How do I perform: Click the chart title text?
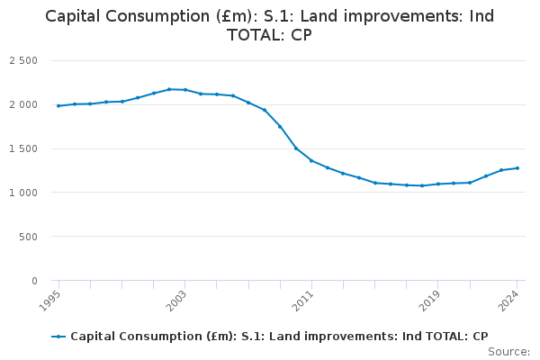pyautogui.click(x=270, y=25)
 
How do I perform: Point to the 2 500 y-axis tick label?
pyautogui.click(x=22, y=60)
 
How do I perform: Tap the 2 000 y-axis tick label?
pyautogui.click(x=22, y=104)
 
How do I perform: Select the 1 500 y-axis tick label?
pyautogui.click(x=22, y=148)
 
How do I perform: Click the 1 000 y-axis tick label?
pyautogui.click(x=22, y=193)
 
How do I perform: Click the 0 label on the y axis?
pyautogui.click(x=32, y=281)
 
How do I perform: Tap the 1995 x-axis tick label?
pyautogui.click(x=51, y=298)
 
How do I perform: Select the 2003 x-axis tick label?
pyautogui.click(x=177, y=298)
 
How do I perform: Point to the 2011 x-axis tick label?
pyautogui.click(x=304, y=298)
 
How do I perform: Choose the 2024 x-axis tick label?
pyautogui.click(x=510, y=298)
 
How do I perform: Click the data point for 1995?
pyautogui.click(x=58, y=106)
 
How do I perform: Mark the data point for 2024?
pyautogui.click(x=517, y=168)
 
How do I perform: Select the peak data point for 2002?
pyautogui.click(x=169, y=89)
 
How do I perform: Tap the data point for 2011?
pyautogui.click(x=311, y=160)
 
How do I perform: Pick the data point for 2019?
pyautogui.click(x=438, y=184)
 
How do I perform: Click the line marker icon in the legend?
pyautogui.click(x=58, y=337)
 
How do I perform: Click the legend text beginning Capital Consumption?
pyautogui.click(x=279, y=337)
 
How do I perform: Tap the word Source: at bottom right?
pyautogui.click(x=510, y=352)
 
